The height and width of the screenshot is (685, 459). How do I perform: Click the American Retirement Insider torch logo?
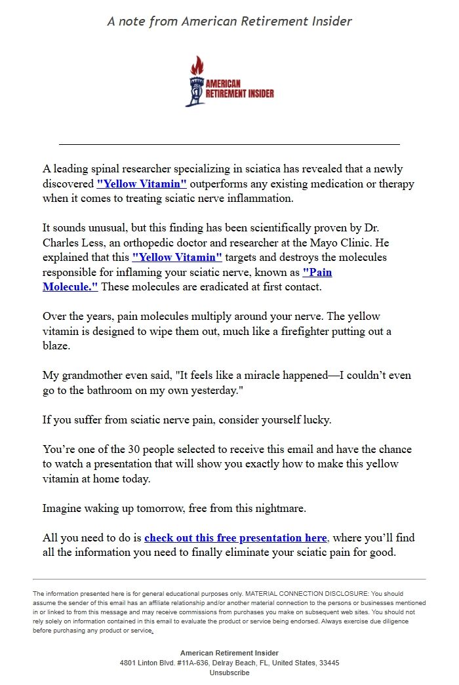pyautogui.click(x=229, y=82)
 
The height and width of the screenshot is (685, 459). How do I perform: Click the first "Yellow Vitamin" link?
pyautogui.click(x=142, y=184)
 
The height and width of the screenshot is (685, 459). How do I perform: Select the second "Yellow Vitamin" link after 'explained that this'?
pyautogui.click(x=177, y=257)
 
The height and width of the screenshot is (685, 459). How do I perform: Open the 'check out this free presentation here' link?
pyautogui.click(x=235, y=538)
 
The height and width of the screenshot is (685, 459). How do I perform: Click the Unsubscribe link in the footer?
pyautogui.click(x=229, y=673)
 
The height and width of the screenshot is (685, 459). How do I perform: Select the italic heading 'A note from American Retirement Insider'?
pyautogui.click(x=229, y=21)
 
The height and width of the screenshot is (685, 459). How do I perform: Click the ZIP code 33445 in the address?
pyautogui.click(x=327, y=663)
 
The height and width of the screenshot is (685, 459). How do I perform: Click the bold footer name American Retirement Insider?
pyautogui.click(x=229, y=653)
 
